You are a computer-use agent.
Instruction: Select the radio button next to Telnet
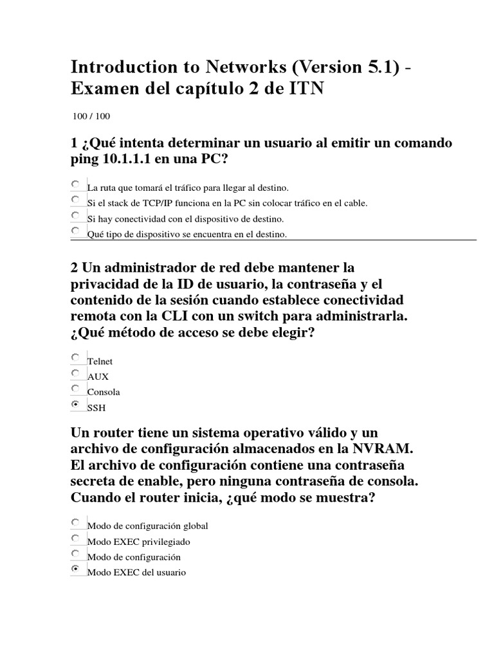(76, 357)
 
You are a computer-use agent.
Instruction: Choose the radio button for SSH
(76, 404)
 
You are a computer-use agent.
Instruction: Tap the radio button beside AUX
(76, 373)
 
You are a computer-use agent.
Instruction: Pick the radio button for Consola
(76, 389)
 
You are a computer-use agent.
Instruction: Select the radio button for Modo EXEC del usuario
(76, 569)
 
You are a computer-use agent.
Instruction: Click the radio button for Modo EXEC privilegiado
(76, 538)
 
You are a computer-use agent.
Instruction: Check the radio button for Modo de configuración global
(76, 522)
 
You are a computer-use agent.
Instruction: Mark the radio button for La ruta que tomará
(76, 184)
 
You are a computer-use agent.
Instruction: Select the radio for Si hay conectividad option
(76, 215)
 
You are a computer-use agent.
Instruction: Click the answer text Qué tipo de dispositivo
(187, 235)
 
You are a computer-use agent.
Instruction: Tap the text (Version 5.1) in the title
(327, 67)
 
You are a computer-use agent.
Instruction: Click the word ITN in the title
(306, 89)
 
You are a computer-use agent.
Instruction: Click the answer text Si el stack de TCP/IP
(227, 203)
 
